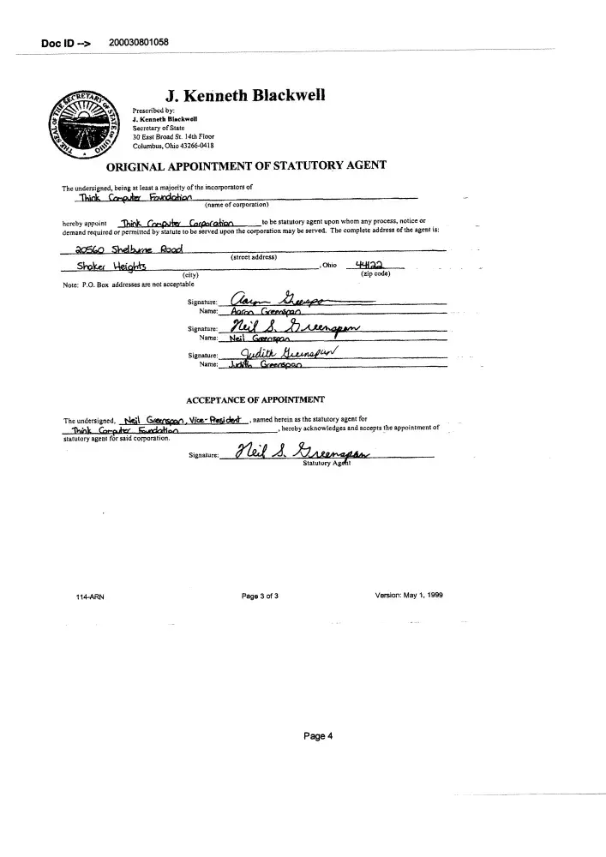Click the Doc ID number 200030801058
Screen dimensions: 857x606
click(139, 42)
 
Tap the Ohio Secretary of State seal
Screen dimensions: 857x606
click(84, 122)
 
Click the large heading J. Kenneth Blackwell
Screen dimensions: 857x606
click(231, 95)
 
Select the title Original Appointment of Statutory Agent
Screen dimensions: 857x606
click(245, 165)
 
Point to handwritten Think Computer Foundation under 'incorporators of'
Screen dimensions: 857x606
click(124, 197)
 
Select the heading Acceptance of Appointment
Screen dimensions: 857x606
click(255, 399)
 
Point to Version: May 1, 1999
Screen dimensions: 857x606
click(409, 596)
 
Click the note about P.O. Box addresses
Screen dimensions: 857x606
click(128, 284)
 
